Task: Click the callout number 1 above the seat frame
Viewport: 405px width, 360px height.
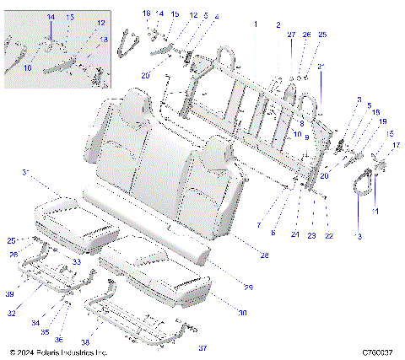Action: [255, 26]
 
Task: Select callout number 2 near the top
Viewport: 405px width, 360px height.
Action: [278, 26]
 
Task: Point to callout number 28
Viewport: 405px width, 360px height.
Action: [263, 255]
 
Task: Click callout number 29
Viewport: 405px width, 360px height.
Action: [249, 288]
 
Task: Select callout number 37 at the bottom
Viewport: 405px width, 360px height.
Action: [202, 347]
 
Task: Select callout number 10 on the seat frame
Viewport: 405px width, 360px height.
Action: [297, 134]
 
